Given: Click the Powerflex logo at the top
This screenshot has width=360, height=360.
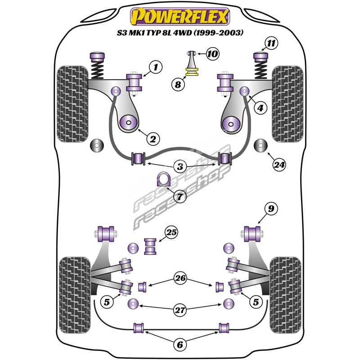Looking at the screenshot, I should pos(180,17).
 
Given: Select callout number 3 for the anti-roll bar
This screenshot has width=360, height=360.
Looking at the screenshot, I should pos(180,167).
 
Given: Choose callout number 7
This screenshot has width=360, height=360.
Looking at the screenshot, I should pos(180,197).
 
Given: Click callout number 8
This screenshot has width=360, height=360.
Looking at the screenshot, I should pos(179,83).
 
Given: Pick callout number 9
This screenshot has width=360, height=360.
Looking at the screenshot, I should pos(271,208).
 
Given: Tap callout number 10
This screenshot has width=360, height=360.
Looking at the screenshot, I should pos(212,54).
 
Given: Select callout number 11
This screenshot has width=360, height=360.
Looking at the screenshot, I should pos(270,44).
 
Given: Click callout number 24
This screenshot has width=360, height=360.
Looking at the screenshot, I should pos(279,165).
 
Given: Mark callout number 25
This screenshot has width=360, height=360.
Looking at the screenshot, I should pos(171,233).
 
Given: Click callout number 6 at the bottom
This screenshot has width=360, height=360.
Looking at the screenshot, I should pos(180,345).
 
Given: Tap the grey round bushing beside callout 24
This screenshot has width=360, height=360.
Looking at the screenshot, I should pos(260,146).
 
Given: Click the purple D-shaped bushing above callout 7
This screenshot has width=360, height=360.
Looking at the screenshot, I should pos(163,180).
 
